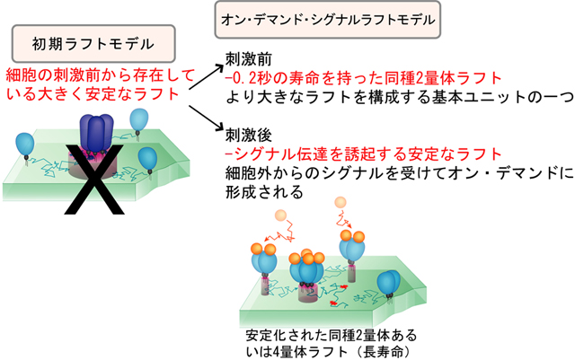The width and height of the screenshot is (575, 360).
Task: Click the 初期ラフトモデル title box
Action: click(93, 44)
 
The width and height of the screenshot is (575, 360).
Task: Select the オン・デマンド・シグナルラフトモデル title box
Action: click(327, 20)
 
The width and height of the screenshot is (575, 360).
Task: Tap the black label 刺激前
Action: click(249, 58)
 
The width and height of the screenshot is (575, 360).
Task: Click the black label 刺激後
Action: click(249, 136)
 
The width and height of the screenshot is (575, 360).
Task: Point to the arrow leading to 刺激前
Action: click(206, 77)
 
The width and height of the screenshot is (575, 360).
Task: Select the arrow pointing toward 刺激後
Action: click(206, 118)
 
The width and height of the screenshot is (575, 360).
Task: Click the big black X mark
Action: click(94, 179)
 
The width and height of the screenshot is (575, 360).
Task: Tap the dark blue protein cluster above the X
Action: click(96, 134)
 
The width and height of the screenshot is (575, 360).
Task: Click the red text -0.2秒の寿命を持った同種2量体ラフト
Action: click(363, 78)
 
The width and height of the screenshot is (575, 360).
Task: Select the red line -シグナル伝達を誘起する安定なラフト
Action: click(363, 154)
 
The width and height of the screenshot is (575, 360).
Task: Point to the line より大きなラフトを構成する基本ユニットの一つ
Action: click(399, 97)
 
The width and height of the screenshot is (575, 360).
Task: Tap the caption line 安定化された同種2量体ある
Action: click(332, 335)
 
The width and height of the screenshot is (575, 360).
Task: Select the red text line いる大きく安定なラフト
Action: click(93, 94)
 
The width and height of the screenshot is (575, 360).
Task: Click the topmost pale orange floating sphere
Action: click(341, 202)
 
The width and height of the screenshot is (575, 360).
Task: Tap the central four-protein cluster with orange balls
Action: click(307, 268)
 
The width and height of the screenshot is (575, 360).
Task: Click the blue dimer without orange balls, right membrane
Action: click(389, 284)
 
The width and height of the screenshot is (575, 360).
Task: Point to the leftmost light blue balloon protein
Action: click(25, 146)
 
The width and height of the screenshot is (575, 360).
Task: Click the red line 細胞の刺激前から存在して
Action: click(100, 76)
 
